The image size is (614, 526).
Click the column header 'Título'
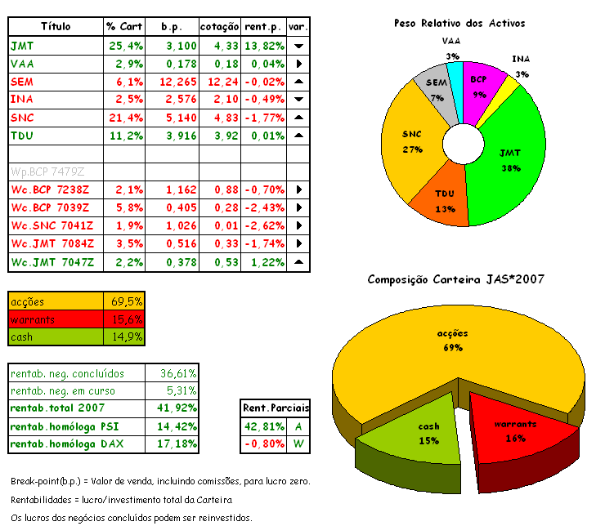click(x=55, y=26)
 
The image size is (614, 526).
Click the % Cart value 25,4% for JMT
click(x=124, y=45)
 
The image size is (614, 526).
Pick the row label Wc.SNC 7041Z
click(x=52, y=225)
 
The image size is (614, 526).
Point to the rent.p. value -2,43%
click(x=262, y=207)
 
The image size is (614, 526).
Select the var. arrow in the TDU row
click(x=298, y=135)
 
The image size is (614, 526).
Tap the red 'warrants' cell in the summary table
click(x=54, y=319)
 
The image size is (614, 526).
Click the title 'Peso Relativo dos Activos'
click(x=459, y=23)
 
